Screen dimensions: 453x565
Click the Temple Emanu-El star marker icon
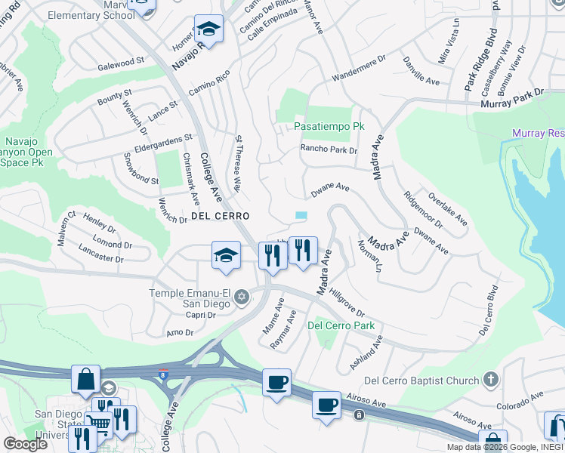point(242,296)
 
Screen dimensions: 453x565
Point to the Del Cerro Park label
point(341,326)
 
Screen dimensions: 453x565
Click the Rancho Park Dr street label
point(329,149)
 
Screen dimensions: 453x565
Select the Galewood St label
point(121,63)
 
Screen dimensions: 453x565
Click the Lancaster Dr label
point(100,254)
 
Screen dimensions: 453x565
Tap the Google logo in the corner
point(25,444)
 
